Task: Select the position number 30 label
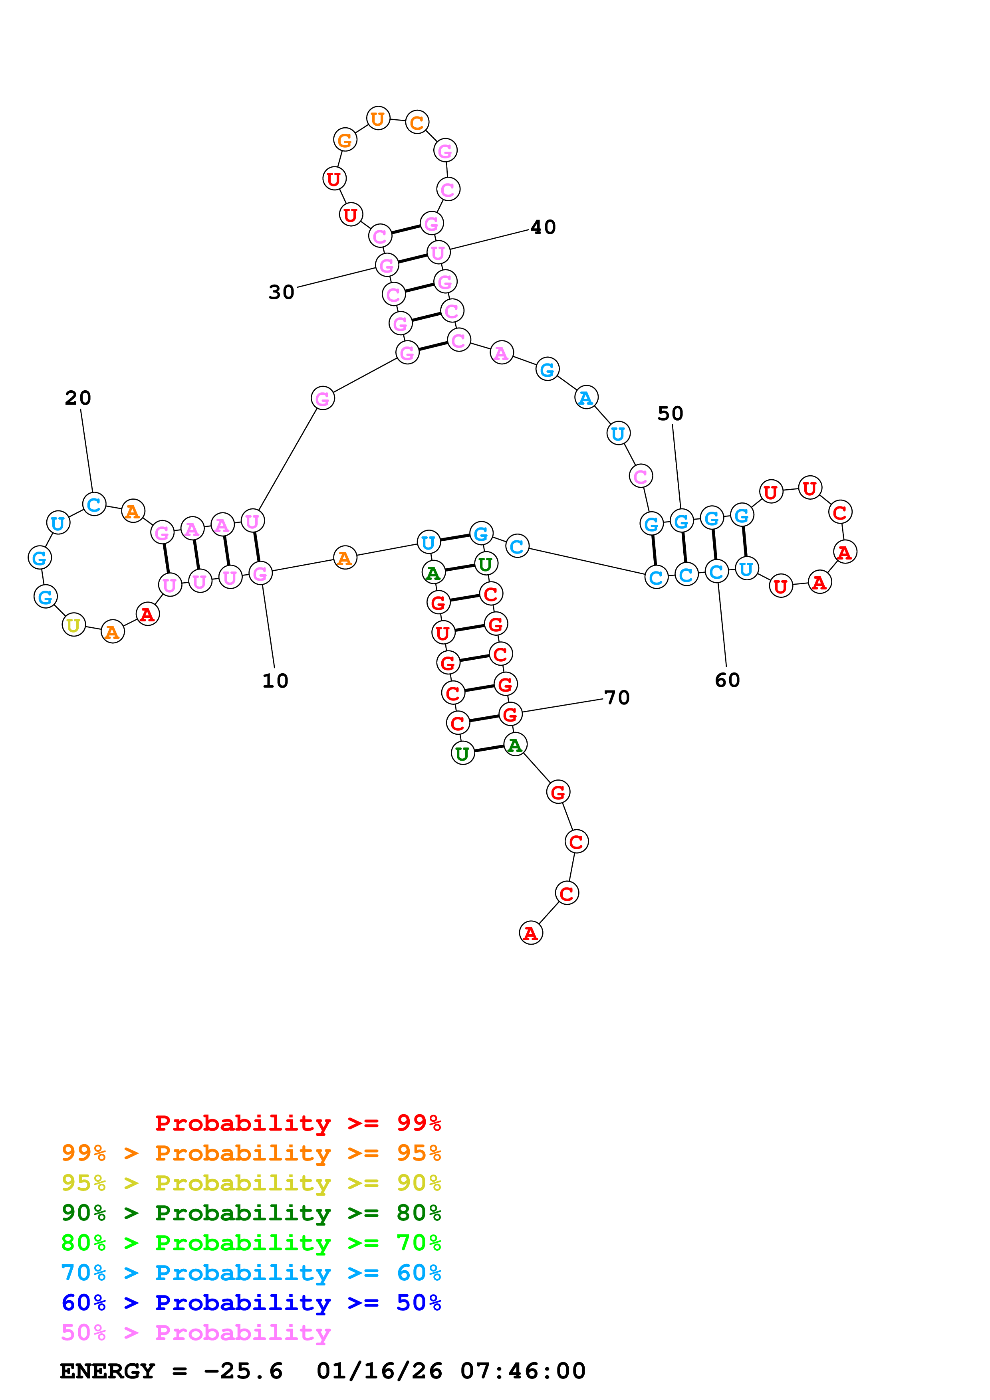tap(281, 292)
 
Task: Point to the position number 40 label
tap(543, 227)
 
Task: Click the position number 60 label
tap(727, 680)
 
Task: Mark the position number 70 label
tap(617, 698)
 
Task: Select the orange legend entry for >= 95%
tap(251, 1153)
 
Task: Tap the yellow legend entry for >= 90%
tap(251, 1182)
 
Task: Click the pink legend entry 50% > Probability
tap(196, 1332)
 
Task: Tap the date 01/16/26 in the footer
tap(379, 1371)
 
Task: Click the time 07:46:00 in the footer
tap(523, 1371)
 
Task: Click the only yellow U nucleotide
tap(74, 625)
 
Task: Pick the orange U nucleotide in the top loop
tap(378, 118)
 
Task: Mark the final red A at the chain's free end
tap(531, 933)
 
